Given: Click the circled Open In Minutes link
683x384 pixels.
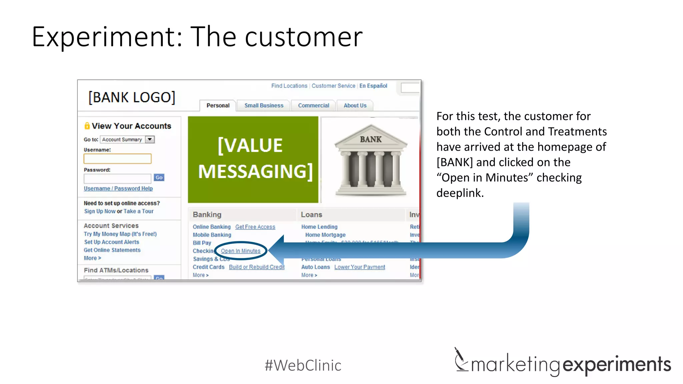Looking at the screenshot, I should coord(240,251).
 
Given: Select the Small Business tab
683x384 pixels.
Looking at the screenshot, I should coord(263,105).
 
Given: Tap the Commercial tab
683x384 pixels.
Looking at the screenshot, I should coord(313,105).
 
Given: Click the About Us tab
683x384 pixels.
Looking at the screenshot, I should coord(355,105).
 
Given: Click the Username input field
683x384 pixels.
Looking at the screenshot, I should coord(117,159).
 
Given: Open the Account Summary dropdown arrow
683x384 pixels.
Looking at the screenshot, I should coord(150,139).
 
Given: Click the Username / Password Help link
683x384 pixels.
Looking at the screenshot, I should coord(118,188).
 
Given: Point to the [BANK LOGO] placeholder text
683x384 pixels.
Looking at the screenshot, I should coord(132,97).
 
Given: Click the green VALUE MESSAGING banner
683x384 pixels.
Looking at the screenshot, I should coord(253,159).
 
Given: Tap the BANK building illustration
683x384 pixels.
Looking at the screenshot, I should coord(371,160).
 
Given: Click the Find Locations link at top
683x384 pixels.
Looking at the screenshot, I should coord(289,86).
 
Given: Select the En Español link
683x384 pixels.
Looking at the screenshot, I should coord(373,86).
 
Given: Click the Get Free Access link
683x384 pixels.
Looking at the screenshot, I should coord(255,227).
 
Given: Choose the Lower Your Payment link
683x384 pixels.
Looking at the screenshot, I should coord(360,267).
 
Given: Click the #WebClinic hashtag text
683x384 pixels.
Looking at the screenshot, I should coord(303,365).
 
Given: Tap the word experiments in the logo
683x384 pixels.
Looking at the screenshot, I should coord(617,364).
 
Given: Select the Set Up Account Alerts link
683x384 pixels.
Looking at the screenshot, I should coord(111,242).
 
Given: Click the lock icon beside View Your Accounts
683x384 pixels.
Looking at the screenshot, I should coord(87,126).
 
